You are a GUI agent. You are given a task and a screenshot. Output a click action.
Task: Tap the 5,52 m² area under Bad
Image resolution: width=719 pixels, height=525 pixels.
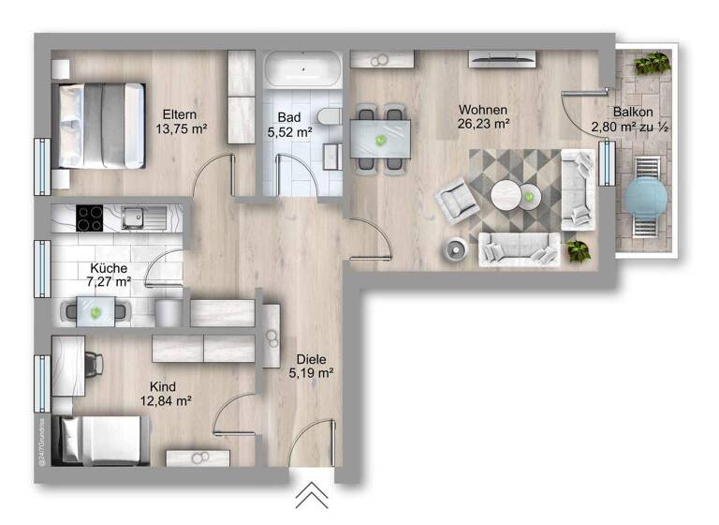tap(289, 133)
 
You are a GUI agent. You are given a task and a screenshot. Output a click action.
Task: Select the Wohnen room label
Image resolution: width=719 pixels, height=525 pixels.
tap(483, 109)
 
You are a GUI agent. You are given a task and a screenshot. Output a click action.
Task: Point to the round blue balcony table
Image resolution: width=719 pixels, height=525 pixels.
tap(645, 197)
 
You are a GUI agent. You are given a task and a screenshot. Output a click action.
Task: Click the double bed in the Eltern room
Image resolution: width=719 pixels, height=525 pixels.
tap(100, 125)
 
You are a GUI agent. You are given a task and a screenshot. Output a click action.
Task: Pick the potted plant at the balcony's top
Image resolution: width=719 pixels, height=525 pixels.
tap(651, 64)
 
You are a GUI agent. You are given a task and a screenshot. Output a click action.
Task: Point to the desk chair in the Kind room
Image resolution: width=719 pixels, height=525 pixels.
tap(93, 362)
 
